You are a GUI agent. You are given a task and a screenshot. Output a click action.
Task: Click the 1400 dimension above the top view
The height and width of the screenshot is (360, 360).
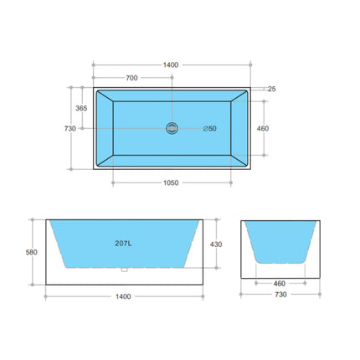pyautogui.click(x=172, y=64)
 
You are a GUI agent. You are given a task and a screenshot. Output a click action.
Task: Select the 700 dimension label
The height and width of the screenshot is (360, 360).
pyautogui.click(x=131, y=78)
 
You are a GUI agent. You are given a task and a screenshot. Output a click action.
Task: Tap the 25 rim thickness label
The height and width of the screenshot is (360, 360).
pyautogui.click(x=273, y=88)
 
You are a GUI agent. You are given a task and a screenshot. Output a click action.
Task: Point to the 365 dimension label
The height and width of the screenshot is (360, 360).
pyautogui.click(x=81, y=108)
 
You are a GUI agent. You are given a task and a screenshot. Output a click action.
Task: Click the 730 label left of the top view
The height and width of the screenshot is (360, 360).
pyautogui.click(x=69, y=128)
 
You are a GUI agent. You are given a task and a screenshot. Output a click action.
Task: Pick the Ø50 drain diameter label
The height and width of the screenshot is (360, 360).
pyautogui.click(x=209, y=128)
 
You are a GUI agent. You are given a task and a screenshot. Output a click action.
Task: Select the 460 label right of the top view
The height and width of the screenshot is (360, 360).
pyautogui.click(x=262, y=128)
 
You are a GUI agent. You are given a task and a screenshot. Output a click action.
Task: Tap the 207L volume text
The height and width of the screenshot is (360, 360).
pyautogui.click(x=125, y=244)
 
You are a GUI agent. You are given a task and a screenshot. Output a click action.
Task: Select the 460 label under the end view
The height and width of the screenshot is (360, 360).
pyautogui.click(x=280, y=283)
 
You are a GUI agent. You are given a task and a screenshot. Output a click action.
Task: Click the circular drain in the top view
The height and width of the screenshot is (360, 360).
pyautogui.click(x=172, y=128)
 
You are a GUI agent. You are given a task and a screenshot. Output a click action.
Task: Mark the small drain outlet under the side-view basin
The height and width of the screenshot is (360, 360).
pyautogui.click(x=125, y=270)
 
